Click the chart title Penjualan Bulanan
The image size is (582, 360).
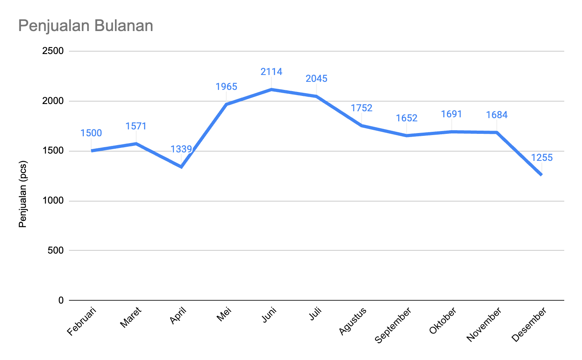(86, 26)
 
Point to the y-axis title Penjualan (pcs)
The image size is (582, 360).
(23, 194)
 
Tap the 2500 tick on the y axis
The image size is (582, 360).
(55, 51)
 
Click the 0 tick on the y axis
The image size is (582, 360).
(61, 300)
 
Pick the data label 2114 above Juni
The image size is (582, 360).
(271, 72)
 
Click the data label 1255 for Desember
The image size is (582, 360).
(542, 158)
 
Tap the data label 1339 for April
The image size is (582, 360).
(181, 150)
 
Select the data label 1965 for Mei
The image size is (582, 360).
(226, 87)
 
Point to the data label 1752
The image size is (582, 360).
(361, 108)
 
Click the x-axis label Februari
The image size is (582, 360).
(82, 321)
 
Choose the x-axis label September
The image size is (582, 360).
(393, 325)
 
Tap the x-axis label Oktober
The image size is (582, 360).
(443, 321)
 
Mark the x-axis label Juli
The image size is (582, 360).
(315, 314)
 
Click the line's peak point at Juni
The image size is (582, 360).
(271, 89)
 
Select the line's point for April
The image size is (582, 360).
(181, 166)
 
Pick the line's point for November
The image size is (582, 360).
(496, 132)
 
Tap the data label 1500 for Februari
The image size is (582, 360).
(91, 133)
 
